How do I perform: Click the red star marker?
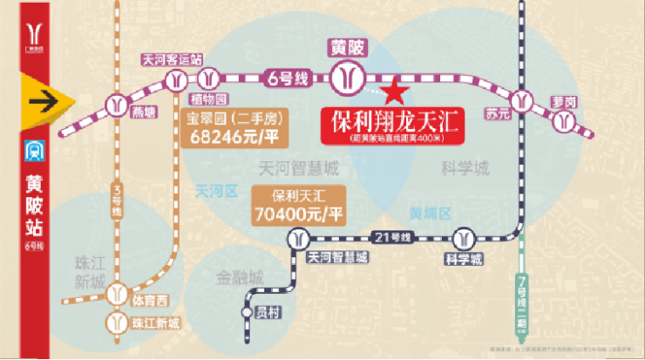click(x=394, y=89)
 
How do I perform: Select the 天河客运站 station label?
click(x=173, y=60)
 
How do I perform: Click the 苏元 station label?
click(x=497, y=113)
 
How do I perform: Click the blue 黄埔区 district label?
click(x=431, y=213)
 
